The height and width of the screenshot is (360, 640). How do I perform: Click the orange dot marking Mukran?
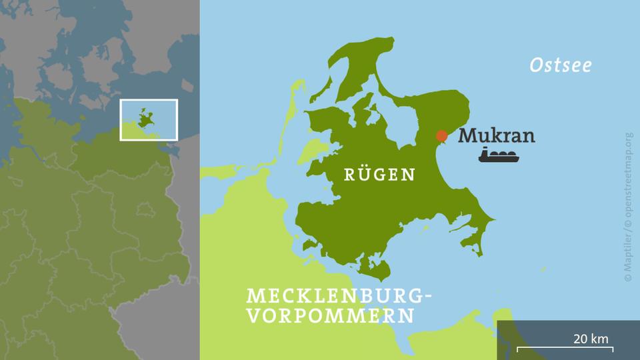[x=441, y=135]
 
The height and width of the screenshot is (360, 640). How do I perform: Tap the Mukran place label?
[x=497, y=136]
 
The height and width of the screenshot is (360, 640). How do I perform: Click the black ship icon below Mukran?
[x=501, y=157]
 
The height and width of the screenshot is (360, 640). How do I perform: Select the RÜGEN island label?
[x=379, y=175]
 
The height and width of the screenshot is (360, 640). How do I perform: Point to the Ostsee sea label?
[x=561, y=65]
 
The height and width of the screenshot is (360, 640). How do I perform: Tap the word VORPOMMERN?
[x=329, y=315]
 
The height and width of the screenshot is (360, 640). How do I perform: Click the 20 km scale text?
[x=591, y=339]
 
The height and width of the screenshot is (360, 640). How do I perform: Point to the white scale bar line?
[x=565, y=348]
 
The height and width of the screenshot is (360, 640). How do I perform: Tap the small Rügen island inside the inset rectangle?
[x=147, y=119]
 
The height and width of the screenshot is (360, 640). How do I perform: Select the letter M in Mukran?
[x=468, y=136]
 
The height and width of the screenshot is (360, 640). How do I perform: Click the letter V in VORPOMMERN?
[x=253, y=315]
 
